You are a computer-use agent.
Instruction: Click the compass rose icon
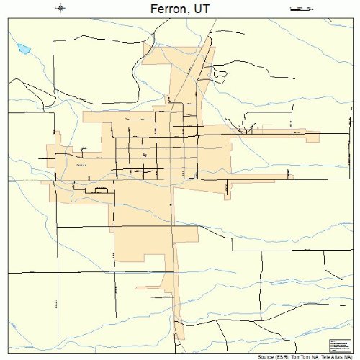point(60,8)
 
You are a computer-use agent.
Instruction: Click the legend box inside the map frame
point(338,344)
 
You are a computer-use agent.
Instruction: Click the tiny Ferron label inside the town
point(81,165)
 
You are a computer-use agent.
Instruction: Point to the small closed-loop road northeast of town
point(251,127)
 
